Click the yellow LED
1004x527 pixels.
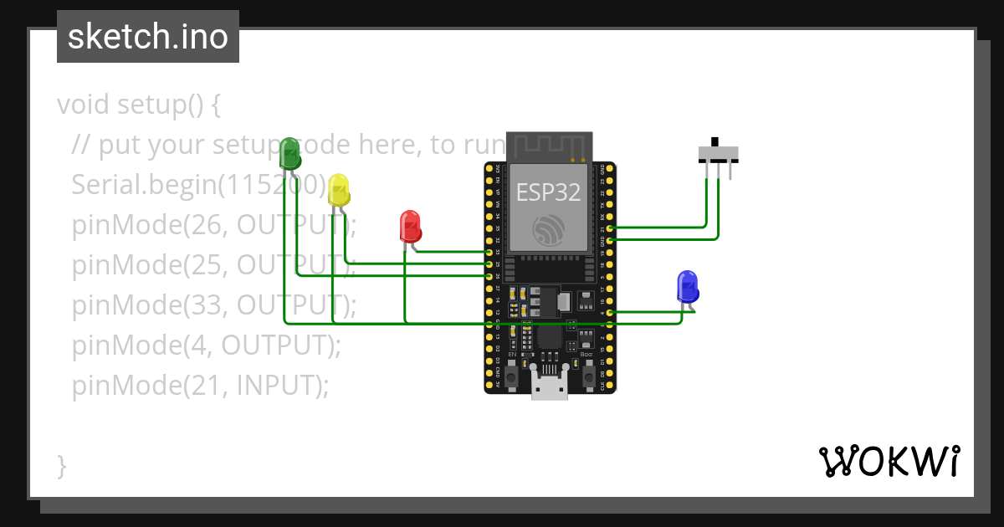pos(338,190)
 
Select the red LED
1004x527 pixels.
pos(410,226)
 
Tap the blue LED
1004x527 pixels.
pos(687,286)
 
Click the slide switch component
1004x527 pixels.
pos(718,154)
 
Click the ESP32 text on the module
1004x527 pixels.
pos(548,192)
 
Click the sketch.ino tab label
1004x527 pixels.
pos(148,37)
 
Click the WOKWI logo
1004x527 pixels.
pos(889,461)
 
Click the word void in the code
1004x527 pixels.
pos(84,105)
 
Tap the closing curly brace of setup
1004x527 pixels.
pos(61,466)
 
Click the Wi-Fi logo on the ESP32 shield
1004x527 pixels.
pos(548,228)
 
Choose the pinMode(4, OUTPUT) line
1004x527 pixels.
pos(207,345)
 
